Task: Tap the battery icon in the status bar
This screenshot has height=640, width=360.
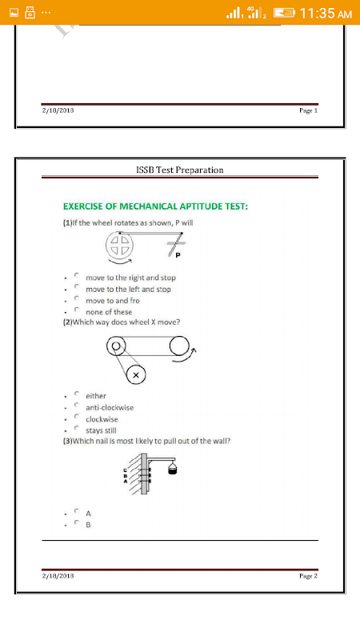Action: pyautogui.click(x=284, y=14)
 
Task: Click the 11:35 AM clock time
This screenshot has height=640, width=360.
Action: pyautogui.click(x=326, y=14)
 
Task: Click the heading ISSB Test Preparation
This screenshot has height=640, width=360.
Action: pyautogui.click(x=179, y=170)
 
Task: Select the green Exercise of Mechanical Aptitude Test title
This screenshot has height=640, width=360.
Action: pyautogui.click(x=155, y=206)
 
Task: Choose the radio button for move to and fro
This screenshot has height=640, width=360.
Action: pyautogui.click(x=76, y=298)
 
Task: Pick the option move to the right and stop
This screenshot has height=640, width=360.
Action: pyautogui.click(x=130, y=278)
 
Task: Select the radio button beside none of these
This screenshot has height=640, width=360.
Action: pyautogui.click(x=76, y=310)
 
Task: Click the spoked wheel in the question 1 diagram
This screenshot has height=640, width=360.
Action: pyautogui.click(x=119, y=245)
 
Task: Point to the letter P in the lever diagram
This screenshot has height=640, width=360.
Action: pyautogui.click(x=178, y=256)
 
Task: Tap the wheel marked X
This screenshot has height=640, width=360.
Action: pyautogui.click(x=136, y=375)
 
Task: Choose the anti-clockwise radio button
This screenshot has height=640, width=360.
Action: pyautogui.click(x=76, y=406)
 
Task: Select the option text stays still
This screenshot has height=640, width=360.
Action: pyautogui.click(x=101, y=430)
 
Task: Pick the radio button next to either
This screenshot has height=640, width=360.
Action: pyautogui.click(x=76, y=394)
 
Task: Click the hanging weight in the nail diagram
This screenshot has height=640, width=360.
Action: pyautogui.click(x=173, y=470)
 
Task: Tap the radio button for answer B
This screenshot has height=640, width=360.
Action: pyautogui.click(x=76, y=522)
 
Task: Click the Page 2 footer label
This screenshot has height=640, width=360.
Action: pyautogui.click(x=308, y=576)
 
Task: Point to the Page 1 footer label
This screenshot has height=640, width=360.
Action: pyautogui.click(x=308, y=110)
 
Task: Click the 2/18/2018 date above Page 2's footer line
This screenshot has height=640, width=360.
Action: pyautogui.click(x=58, y=576)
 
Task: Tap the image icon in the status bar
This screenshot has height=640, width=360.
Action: pyautogui.click(x=14, y=13)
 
